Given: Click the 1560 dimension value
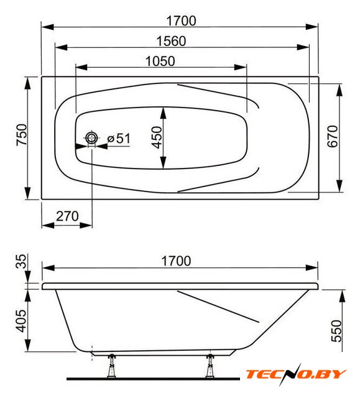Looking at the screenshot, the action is tap(171, 41).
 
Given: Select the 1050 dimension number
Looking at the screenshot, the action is tap(160, 61).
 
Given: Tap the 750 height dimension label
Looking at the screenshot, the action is tap(22, 134).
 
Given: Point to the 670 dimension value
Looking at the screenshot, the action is tap(333, 136).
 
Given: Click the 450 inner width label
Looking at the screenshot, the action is tap(157, 137).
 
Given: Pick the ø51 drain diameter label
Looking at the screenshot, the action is tap(119, 139).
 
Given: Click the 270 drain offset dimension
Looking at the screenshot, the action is tap(67, 216).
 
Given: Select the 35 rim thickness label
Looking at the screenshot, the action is tap(21, 261).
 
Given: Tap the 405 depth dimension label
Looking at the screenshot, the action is tap(21, 321).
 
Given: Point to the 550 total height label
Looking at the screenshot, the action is tap(337, 331).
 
